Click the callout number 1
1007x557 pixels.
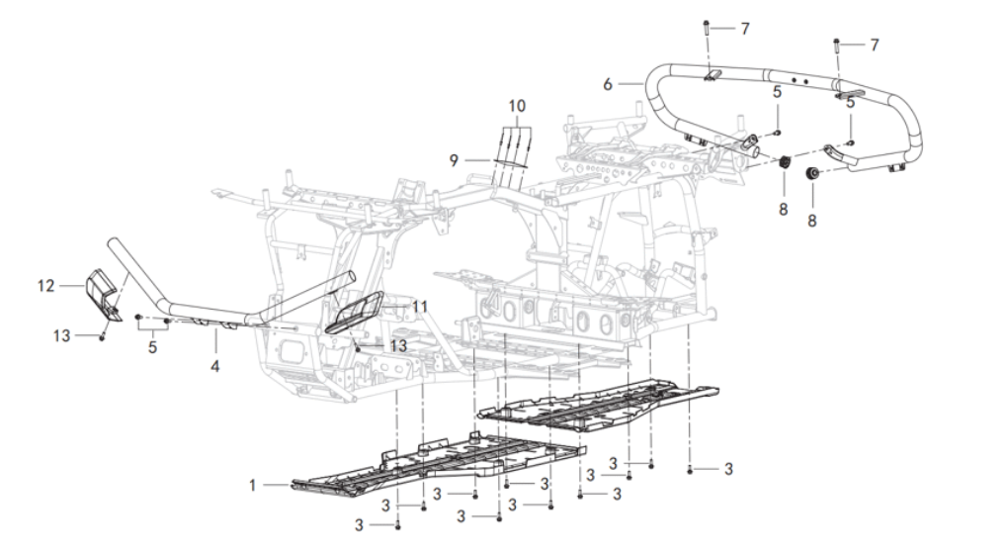click(x=252, y=485)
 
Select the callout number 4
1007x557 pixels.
click(x=215, y=367)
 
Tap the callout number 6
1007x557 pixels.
click(x=608, y=84)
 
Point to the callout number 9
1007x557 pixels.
click(x=454, y=160)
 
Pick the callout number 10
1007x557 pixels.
click(x=517, y=106)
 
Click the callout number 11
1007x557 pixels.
click(x=419, y=307)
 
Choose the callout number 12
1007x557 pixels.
click(x=45, y=285)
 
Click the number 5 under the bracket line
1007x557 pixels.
click(x=152, y=347)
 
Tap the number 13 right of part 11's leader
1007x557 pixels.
click(x=399, y=346)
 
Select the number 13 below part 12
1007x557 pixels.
click(x=61, y=335)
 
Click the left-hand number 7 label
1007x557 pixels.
click(x=745, y=29)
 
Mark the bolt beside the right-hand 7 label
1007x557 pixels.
click(x=837, y=46)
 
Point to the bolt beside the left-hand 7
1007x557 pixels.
click(x=707, y=29)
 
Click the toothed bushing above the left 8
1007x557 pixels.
click(x=784, y=162)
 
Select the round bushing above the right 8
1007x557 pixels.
click(x=812, y=173)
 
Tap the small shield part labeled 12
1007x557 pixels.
click(x=103, y=293)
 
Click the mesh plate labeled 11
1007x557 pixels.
click(x=355, y=312)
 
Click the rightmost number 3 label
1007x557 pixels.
click(x=728, y=470)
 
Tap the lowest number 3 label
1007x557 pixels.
click(x=359, y=526)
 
